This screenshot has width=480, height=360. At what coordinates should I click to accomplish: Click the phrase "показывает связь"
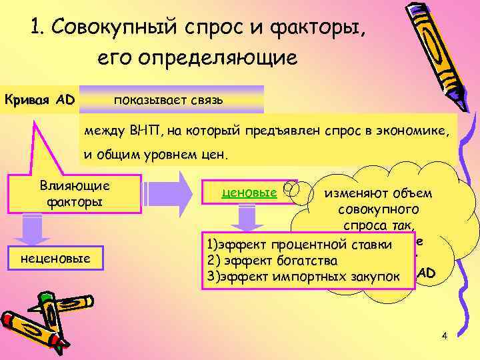168,100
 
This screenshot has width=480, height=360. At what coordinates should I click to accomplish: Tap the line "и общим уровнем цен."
155,155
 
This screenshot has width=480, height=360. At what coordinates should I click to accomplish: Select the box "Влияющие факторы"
75,193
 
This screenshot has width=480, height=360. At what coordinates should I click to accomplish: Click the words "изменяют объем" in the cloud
378,194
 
